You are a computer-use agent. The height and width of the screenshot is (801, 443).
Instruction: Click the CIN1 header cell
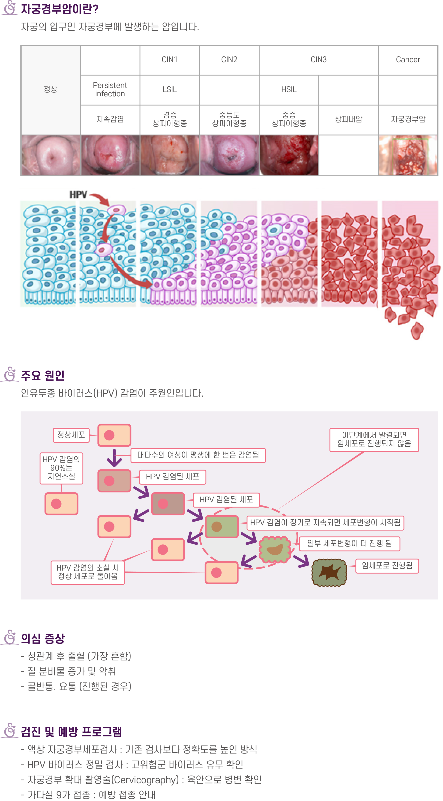pyautogui.click(x=170, y=60)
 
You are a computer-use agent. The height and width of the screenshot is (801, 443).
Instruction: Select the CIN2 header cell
pyautogui.click(x=229, y=60)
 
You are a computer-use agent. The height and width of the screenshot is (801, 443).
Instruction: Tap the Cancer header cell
pyautogui.click(x=408, y=60)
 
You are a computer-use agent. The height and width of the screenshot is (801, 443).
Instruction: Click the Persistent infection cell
pyautogui.click(x=110, y=89)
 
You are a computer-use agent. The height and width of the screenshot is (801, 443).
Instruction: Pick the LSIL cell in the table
pyautogui.click(x=170, y=89)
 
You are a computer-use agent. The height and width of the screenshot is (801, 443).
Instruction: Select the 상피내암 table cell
pyautogui.click(x=348, y=119)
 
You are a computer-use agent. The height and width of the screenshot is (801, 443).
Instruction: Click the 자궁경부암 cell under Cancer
pyautogui.click(x=408, y=119)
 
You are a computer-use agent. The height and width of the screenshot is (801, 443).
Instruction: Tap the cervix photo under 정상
pyautogui.click(x=50, y=155)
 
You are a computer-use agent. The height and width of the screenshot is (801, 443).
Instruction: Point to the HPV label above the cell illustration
pyautogui.click(x=78, y=195)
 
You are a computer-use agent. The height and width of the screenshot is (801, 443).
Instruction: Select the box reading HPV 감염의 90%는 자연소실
pyautogui.click(x=61, y=468)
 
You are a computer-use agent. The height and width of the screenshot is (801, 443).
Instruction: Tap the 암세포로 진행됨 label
pyautogui.click(x=387, y=566)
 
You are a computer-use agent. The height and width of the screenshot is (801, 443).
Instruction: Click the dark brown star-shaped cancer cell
pyautogui.click(x=329, y=573)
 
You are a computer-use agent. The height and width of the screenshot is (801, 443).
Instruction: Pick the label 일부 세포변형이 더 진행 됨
pyautogui.click(x=349, y=543)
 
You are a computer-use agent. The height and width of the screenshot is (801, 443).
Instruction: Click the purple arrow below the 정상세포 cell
pyautogui.click(x=114, y=458)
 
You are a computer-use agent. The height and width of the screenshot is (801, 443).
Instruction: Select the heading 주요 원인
pyautogui.click(x=43, y=375)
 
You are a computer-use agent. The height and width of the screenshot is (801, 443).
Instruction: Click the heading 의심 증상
pyautogui.click(x=43, y=638)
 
